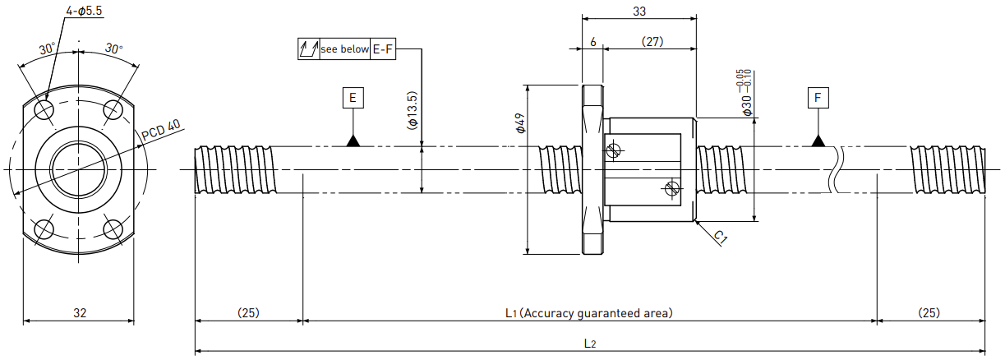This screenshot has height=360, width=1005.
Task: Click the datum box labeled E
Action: pos(353,98)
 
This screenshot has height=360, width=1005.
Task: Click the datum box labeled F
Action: pos(818,98)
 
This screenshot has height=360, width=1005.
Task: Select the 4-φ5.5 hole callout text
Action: pos(84,11)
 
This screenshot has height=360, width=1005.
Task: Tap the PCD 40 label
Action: pos(161,130)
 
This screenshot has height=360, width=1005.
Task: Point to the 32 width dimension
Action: pos(80,313)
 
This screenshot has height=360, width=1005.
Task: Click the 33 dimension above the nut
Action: pos(639,12)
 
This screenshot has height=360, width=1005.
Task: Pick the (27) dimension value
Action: pos(652,42)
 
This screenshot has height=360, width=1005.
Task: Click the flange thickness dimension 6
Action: pos(593,42)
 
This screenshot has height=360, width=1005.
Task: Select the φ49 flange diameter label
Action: pos(520,123)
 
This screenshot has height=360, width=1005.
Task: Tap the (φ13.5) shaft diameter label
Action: pos(413,110)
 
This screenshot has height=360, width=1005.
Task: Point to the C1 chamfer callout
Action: pos(720,237)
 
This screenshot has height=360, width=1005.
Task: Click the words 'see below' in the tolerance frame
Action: pos(344,49)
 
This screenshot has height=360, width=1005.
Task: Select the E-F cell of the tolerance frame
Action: pos(383,49)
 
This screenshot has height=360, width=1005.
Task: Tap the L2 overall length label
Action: pos(589,344)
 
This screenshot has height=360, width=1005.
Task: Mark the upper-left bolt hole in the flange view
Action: pos(45,109)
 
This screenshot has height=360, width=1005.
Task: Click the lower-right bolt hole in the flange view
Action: pos(113,229)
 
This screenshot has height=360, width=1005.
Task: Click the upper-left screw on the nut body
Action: pos(613,150)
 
